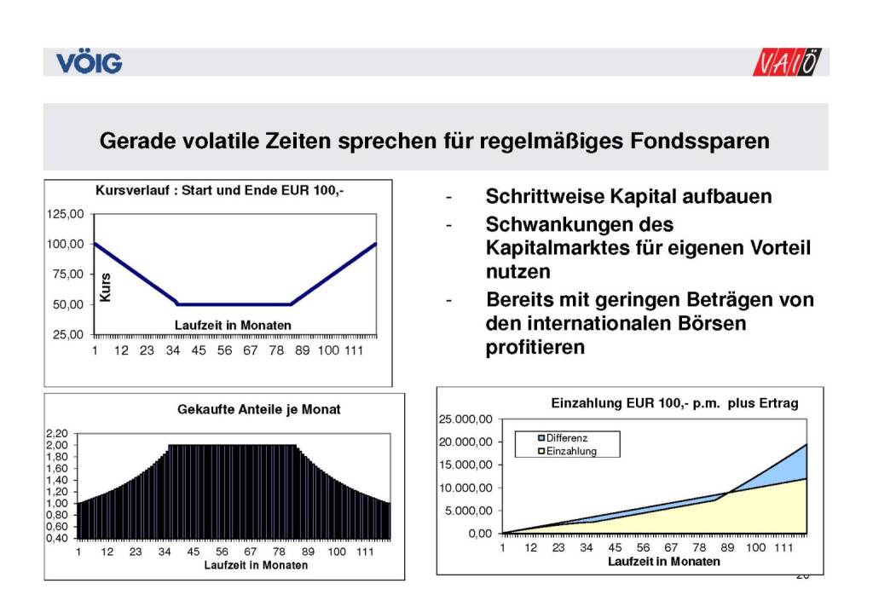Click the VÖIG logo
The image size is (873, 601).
90,62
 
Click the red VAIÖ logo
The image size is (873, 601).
789,62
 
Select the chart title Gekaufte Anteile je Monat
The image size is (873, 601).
258,409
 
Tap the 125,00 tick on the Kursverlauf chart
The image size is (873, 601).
65,214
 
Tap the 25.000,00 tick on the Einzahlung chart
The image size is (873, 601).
465,419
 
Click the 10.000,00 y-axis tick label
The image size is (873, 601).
465,488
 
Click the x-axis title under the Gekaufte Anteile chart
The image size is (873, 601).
256,565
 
